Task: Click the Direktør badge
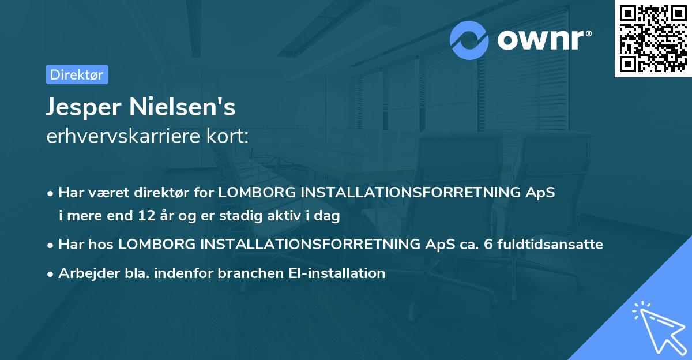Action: (x=77, y=75)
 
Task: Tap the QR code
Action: (x=653, y=38)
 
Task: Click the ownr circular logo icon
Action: (x=469, y=40)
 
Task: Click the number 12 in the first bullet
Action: (x=146, y=216)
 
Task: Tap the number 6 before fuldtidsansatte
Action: (x=488, y=244)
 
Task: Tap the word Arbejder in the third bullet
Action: (x=84, y=273)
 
